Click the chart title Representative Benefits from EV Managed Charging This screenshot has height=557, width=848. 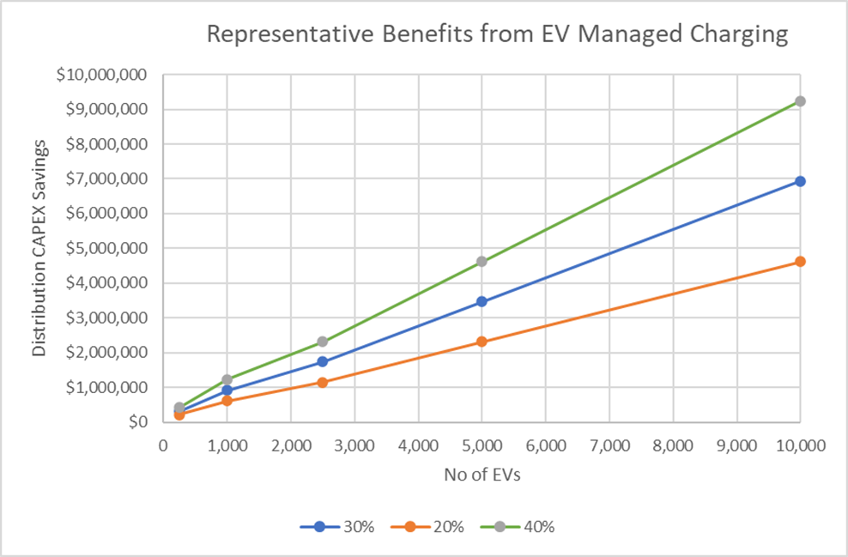pyautogui.click(x=496, y=35)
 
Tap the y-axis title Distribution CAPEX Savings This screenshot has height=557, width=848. pyautogui.click(x=39, y=247)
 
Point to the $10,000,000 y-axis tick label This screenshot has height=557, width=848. pyautogui.click(x=101, y=75)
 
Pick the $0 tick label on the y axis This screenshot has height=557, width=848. pyautogui.click(x=136, y=422)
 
